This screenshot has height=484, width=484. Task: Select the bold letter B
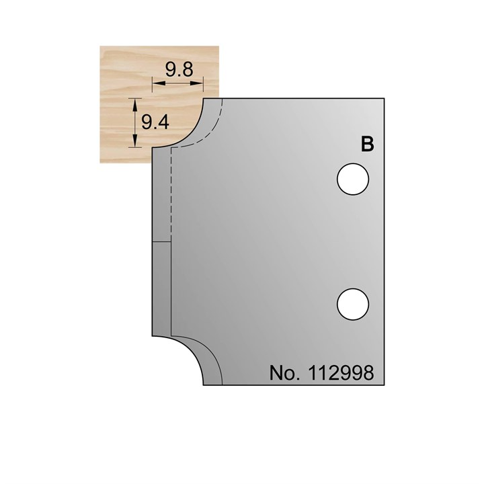[x=367, y=145]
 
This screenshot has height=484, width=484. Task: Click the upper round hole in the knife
[x=353, y=179]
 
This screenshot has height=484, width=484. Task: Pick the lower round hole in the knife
[x=353, y=303]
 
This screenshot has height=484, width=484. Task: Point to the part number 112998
[x=341, y=373]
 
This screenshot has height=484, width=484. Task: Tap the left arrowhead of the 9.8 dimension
[x=156, y=83]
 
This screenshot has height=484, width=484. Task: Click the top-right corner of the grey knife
[x=384, y=99]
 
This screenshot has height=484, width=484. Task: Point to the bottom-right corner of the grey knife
[x=384, y=386]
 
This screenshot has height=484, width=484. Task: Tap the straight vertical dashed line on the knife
[x=171, y=195]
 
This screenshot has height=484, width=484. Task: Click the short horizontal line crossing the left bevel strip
[x=161, y=241]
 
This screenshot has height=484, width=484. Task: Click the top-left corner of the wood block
[x=100, y=46]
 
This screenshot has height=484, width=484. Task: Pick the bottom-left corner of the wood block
[x=100, y=163]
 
